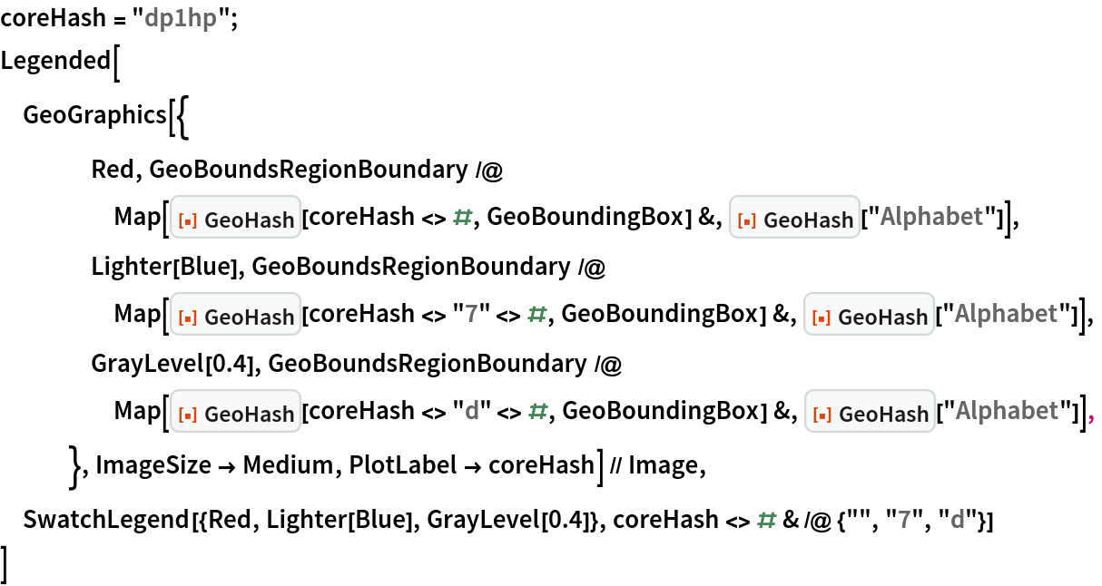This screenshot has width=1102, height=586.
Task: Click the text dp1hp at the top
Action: (181, 19)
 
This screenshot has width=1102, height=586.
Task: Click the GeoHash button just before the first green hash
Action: (236, 218)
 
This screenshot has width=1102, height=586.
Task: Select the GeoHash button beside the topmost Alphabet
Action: (794, 218)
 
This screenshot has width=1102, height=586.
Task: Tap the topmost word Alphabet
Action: (931, 217)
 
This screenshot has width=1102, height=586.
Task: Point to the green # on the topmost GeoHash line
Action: (463, 217)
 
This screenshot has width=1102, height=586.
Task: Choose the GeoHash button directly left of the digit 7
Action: (236, 315)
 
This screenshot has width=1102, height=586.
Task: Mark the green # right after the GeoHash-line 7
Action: (537, 315)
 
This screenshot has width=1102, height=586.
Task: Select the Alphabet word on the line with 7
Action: (1006, 314)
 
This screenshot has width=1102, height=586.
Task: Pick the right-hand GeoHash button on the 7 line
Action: (869, 315)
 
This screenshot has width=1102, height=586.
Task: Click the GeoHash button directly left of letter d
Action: (236, 412)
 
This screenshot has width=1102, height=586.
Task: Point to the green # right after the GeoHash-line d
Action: (537, 412)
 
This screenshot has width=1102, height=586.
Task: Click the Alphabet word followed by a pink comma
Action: (1006, 411)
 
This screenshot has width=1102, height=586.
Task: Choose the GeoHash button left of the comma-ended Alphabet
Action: (869, 412)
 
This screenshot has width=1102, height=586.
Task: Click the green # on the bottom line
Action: (767, 520)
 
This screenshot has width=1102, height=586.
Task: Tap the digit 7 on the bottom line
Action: (904, 520)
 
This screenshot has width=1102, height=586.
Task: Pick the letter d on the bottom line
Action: (957, 520)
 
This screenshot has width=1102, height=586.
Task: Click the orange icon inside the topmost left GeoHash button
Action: (189, 219)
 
